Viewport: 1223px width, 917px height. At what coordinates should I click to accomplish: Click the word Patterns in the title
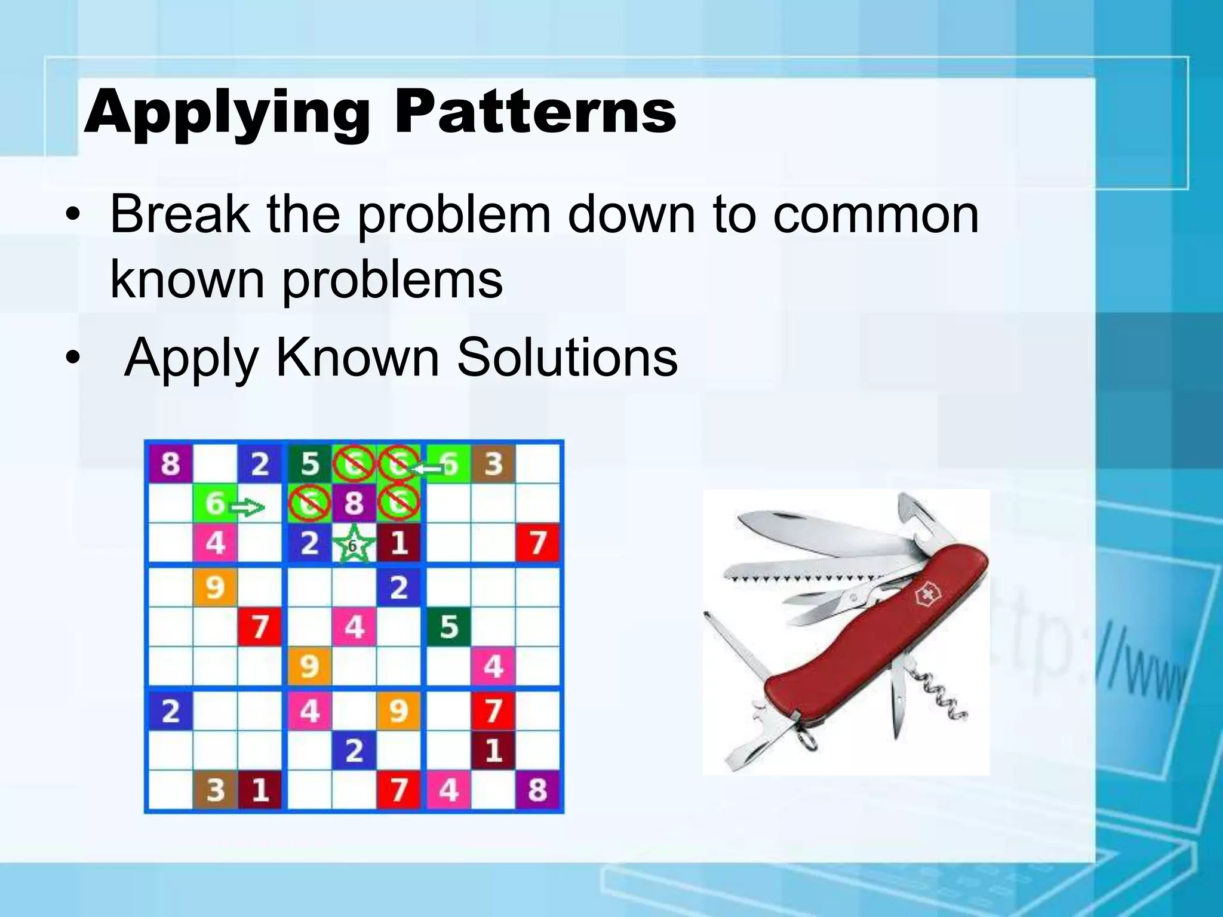tap(534, 112)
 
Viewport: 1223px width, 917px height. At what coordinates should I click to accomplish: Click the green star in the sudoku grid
tap(353, 544)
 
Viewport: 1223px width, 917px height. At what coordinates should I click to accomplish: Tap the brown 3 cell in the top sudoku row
tap(493, 463)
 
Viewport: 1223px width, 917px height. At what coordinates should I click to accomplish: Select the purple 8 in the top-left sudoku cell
tap(170, 463)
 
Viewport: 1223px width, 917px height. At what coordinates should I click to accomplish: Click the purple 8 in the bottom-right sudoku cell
tap(537, 789)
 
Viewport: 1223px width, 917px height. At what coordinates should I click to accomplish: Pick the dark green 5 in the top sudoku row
tap(309, 463)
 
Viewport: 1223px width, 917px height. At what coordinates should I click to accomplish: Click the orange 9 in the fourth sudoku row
tap(215, 587)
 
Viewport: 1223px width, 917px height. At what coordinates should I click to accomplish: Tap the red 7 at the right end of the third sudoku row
tap(537, 543)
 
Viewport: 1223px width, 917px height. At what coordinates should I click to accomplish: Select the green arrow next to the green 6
tap(247, 508)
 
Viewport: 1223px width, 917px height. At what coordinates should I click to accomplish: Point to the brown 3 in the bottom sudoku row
tap(215, 789)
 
